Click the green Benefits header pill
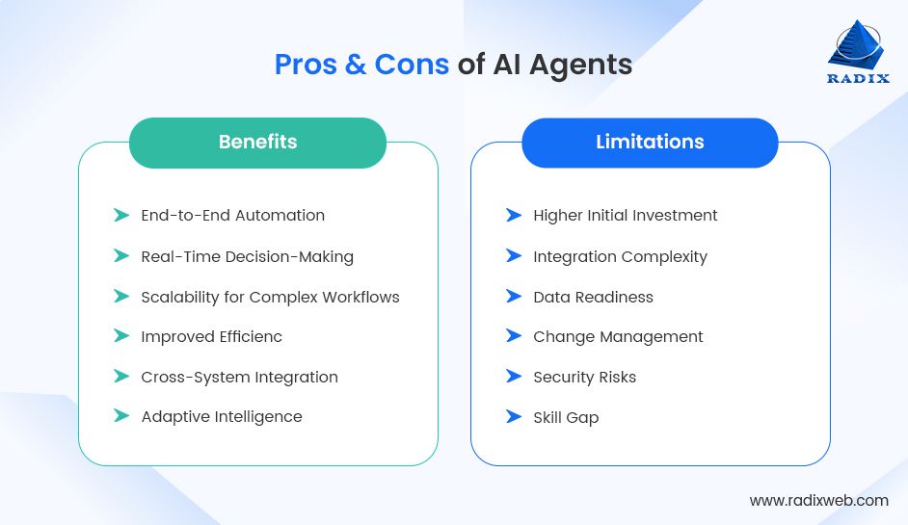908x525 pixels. tap(257, 143)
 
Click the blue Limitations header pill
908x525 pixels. tap(650, 143)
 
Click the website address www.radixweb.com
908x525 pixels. tap(818, 500)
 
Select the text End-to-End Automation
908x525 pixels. tap(232, 216)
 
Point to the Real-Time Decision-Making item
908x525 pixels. tap(247, 256)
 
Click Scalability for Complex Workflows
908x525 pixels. tap(270, 297)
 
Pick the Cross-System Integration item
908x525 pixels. tap(239, 377)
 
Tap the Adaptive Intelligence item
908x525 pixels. tap(222, 417)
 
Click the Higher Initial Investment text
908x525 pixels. tap(625, 216)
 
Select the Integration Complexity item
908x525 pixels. tap(620, 256)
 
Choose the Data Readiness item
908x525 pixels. tap(593, 297)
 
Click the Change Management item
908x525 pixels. tap(618, 336)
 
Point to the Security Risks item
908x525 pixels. tap(584, 377)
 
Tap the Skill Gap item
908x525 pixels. tap(566, 417)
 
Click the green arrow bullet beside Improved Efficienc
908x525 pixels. tap(120, 336)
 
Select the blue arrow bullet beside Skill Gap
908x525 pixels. tap(513, 417)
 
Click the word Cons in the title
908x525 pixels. tap(412, 65)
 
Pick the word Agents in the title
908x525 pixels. tap(585, 65)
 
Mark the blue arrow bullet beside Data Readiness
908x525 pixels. tap(513, 297)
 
